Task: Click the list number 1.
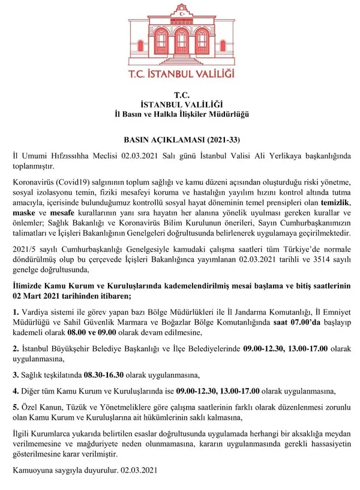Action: click(x=16, y=312)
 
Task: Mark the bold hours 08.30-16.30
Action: click(x=104, y=376)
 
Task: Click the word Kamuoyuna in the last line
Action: click(x=34, y=472)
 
